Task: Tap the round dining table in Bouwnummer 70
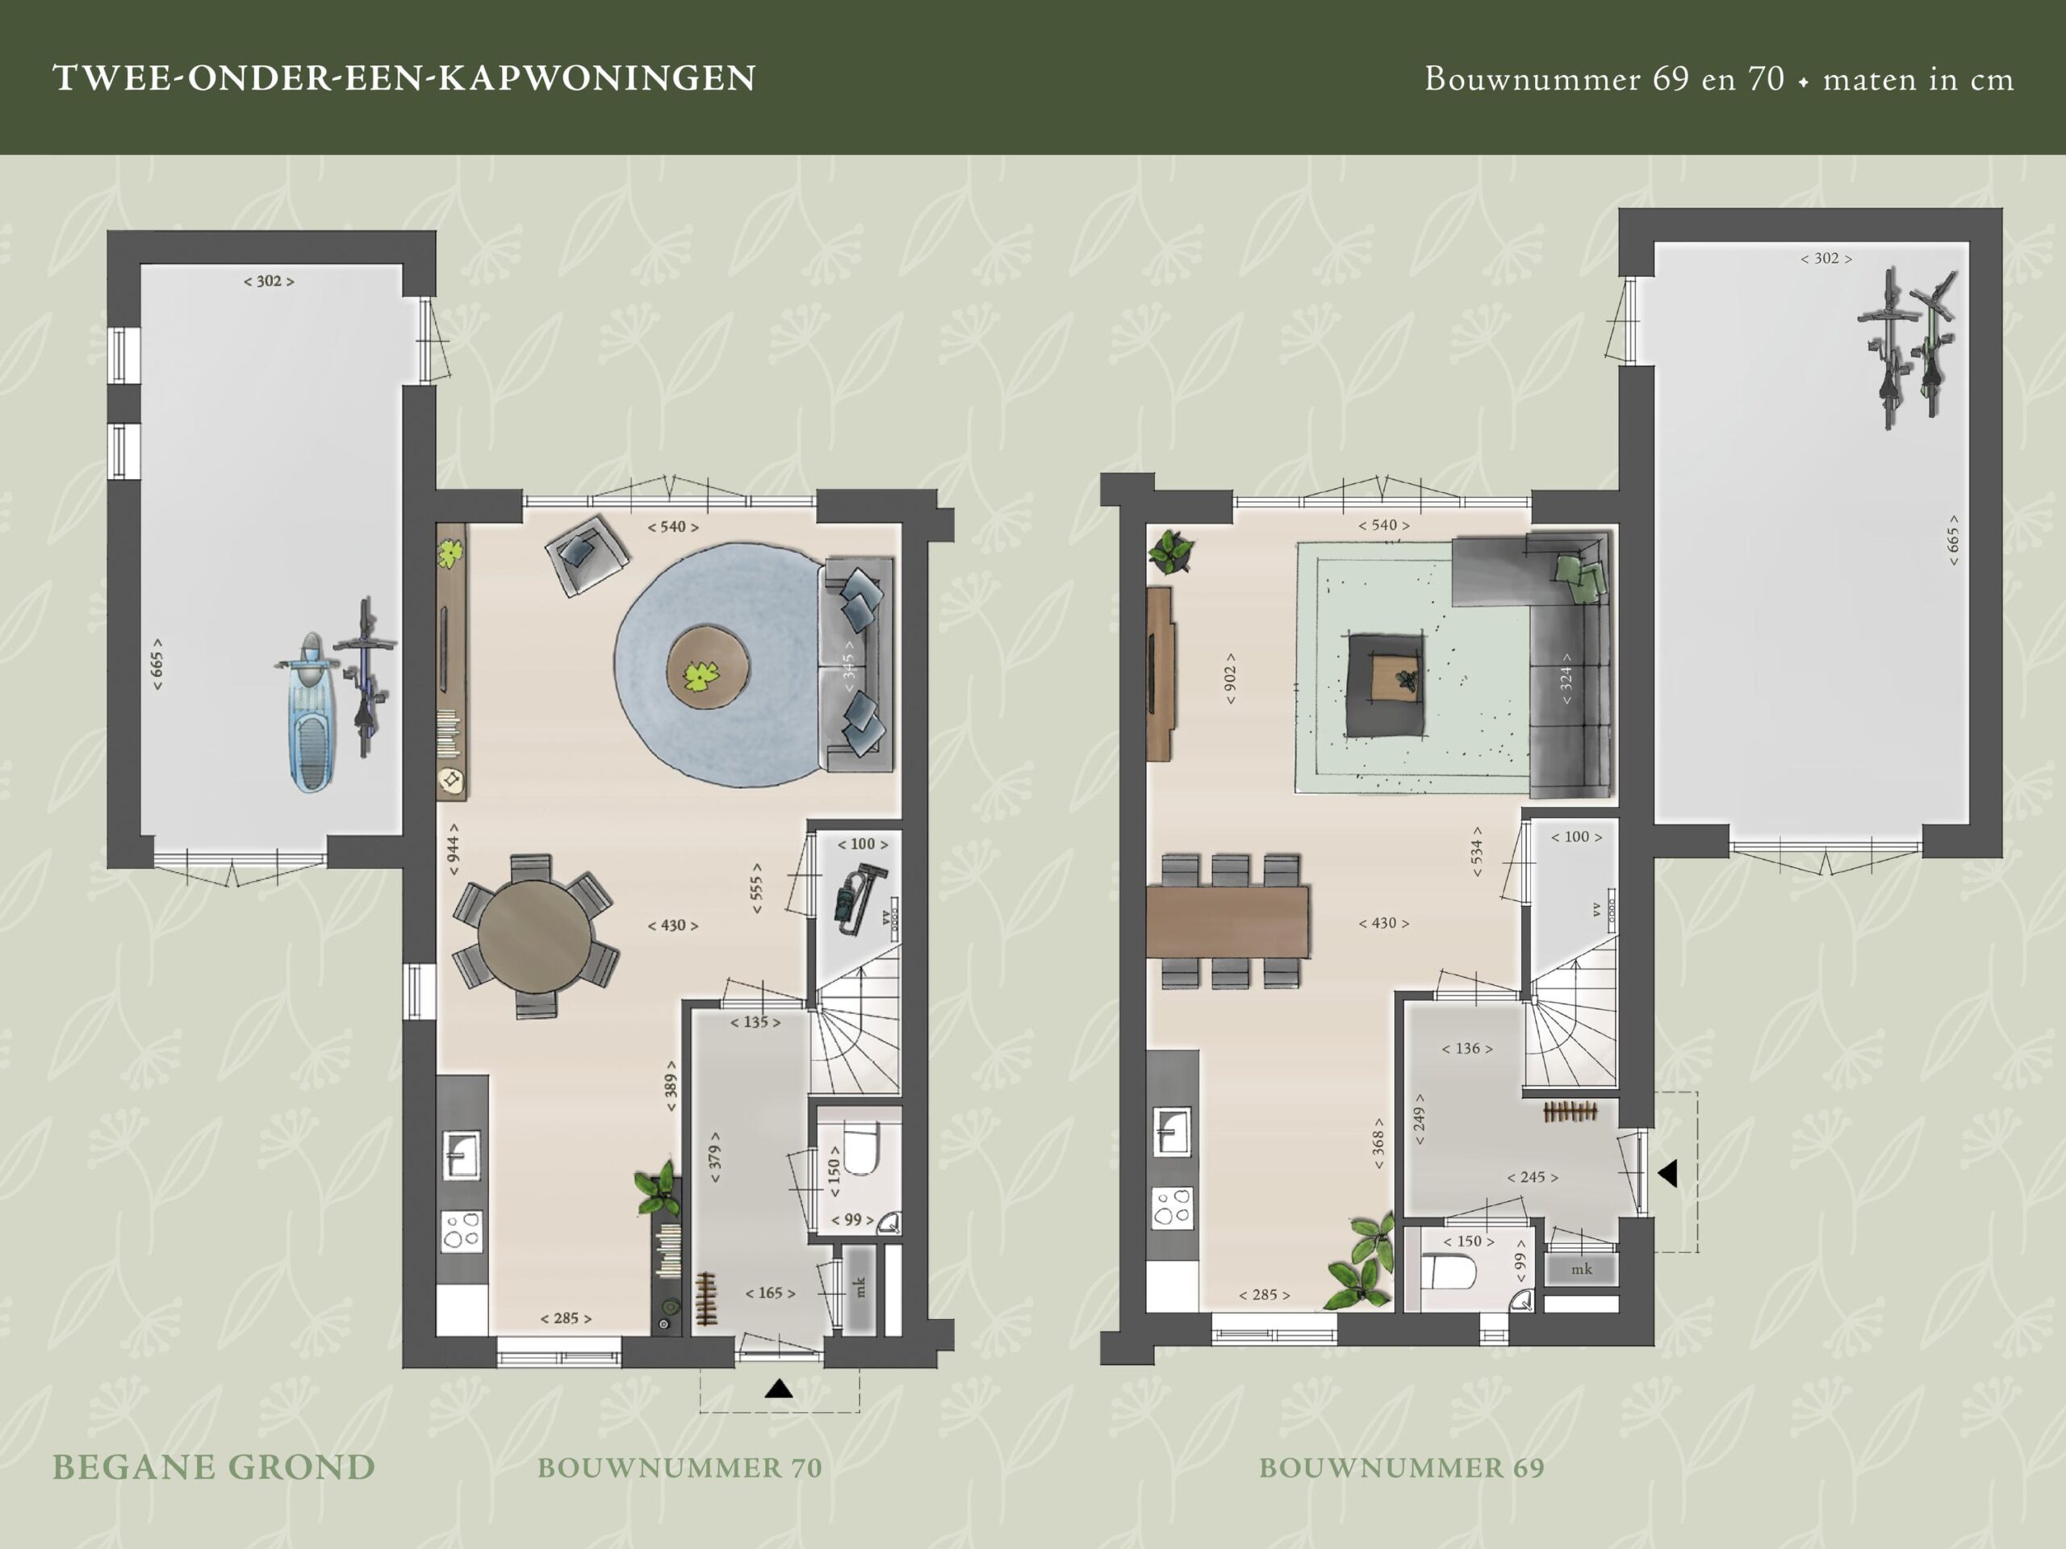click(534, 937)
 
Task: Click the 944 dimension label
click(453, 849)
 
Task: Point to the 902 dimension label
click(1230, 678)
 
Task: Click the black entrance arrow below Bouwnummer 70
click(779, 1389)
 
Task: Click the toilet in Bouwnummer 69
click(1449, 1271)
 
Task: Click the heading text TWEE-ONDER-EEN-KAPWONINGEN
click(404, 78)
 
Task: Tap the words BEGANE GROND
click(213, 1467)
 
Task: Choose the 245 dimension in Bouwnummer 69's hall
click(1532, 1177)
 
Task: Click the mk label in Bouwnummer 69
click(1581, 1269)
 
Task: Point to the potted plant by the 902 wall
click(1170, 551)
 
